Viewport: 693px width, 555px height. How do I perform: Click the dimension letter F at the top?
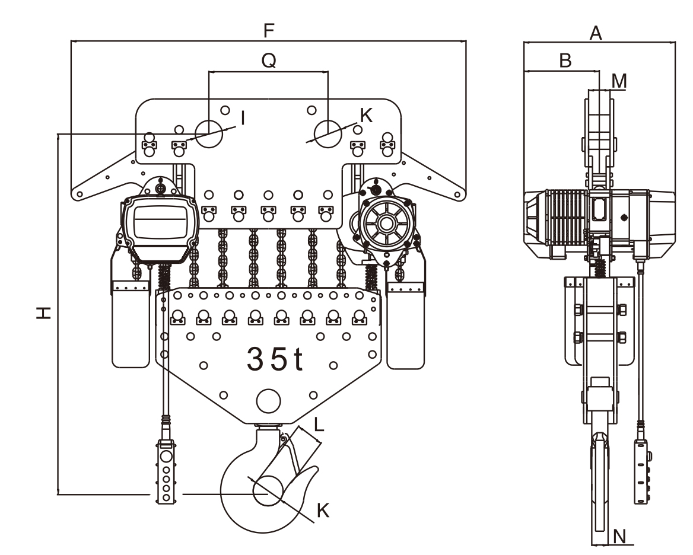click(x=269, y=30)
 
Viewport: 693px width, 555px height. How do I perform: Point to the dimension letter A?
click(x=596, y=33)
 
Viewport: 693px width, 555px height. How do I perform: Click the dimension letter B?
click(x=565, y=60)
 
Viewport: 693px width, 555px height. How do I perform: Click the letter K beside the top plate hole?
click(x=366, y=116)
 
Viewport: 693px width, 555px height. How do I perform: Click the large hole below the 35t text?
click(x=268, y=401)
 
